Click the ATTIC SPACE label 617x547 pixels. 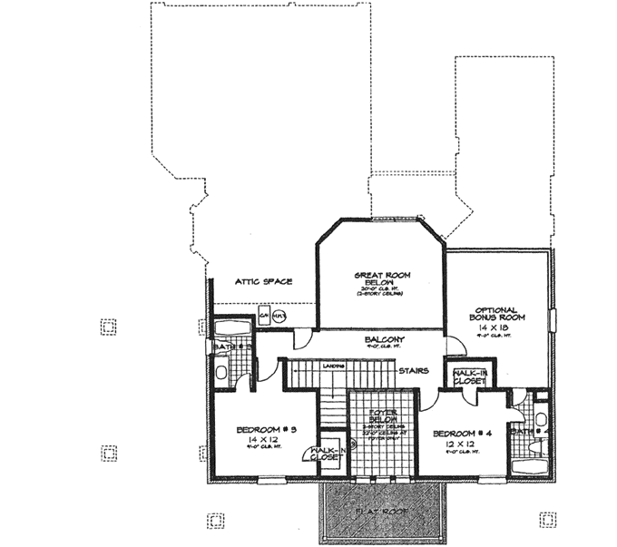[263, 281]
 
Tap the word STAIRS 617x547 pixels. [413, 370]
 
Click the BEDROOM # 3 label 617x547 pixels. [262, 429]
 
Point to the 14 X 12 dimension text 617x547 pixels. [261, 441]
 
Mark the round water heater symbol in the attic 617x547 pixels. [280, 315]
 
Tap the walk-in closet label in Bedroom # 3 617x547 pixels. [323, 454]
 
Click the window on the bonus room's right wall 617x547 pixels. [553, 323]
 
